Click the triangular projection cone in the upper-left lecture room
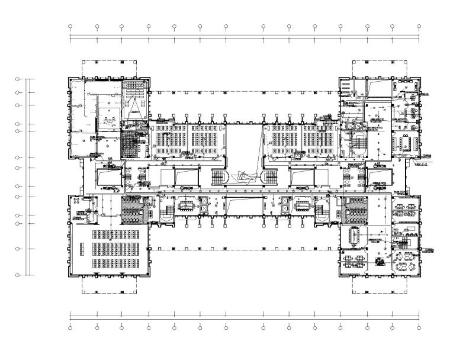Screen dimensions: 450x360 [135, 105]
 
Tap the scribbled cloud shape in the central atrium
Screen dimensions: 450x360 [245, 176]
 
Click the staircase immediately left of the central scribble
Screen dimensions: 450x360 [220, 176]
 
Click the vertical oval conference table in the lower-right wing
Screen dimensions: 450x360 [355, 235]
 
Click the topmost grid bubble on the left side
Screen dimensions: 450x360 [18, 78]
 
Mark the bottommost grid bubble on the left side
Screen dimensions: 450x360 [18, 275]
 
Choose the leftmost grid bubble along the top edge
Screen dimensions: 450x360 [70, 27]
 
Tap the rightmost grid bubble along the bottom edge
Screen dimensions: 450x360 [419, 327]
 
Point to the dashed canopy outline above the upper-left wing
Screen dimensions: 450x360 [102, 66]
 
